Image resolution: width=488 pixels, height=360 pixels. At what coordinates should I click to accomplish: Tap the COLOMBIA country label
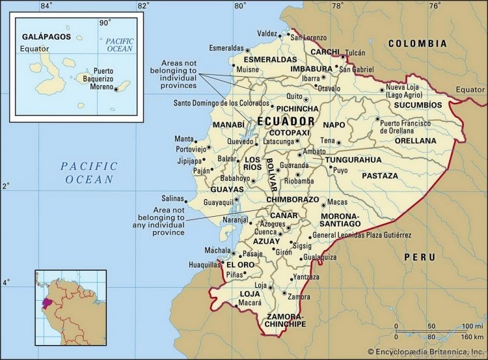[x=417, y=44]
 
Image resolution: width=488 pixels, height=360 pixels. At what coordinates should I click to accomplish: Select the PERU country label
[x=419, y=257]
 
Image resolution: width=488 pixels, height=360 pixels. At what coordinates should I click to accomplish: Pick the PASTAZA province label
[x=379, y=176]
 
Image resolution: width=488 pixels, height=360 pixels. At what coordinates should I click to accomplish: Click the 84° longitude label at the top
[x=46, y=6]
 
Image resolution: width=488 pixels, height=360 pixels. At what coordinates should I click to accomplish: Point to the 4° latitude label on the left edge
[x=5, y=283]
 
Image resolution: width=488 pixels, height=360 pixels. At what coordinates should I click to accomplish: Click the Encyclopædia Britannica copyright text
[x=426, y=352]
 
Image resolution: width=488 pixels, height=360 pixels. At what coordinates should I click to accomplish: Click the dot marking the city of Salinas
[x=187, y=200]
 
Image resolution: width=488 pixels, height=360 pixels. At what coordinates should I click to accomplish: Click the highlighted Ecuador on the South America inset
[x=47, y=303]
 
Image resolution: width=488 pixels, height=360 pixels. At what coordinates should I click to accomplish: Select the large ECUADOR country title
[x=286, y=122]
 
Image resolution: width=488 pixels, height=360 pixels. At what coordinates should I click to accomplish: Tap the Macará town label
[x=250, y=303]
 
